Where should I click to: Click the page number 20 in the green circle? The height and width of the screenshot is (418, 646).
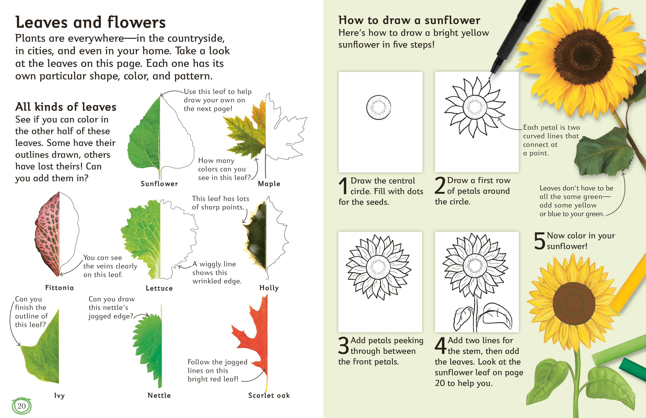21,406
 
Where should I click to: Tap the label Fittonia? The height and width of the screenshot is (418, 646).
59,288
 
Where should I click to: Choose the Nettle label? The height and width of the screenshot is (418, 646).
159,395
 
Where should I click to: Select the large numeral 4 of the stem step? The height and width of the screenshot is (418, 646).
440,346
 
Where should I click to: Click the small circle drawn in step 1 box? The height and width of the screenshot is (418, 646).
379,107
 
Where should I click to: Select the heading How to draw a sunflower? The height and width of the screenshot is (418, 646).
409,20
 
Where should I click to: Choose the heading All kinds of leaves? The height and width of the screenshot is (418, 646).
66,107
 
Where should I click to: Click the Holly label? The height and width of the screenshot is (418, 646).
269,288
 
